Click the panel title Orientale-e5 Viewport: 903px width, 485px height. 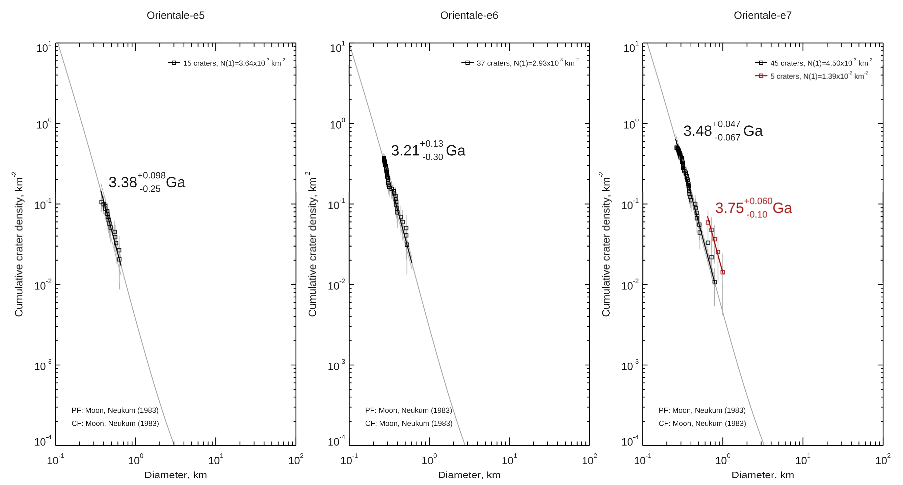point(175,16)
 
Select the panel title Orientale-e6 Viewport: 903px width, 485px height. point(469,16)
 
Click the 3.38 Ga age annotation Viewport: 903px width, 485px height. point(147,182)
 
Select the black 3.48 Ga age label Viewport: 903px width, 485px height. point(722,131)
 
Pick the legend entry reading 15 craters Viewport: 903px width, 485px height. point(227,63)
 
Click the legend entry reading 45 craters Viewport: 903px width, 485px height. point(814,63)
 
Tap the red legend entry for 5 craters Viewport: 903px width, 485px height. point(812,76)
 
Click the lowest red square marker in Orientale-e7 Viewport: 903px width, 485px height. point(722,272)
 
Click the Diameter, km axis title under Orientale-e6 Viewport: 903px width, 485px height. point(469,475)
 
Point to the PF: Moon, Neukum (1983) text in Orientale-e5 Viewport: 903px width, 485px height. point(115,410)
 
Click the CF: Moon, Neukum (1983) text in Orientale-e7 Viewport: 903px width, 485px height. point(702,423)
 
